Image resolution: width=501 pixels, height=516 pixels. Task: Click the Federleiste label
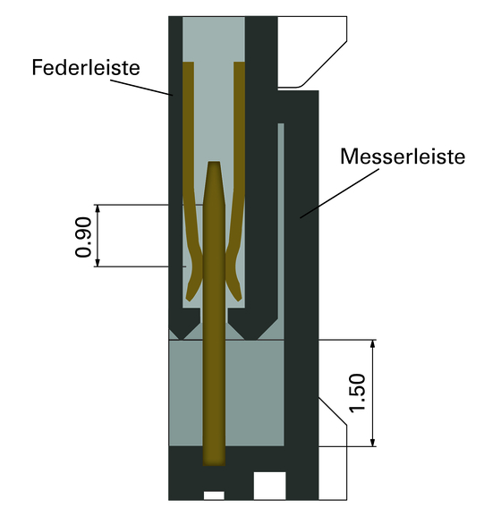86,67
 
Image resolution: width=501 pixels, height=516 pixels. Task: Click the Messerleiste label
403,156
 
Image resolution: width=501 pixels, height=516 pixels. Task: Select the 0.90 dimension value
83,237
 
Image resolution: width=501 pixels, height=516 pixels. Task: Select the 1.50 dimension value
358,393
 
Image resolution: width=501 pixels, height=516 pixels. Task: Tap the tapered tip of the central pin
215,162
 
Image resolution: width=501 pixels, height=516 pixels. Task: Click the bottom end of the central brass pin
215,465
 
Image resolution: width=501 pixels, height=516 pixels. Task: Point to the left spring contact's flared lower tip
189,299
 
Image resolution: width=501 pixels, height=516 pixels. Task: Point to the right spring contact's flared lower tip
239,299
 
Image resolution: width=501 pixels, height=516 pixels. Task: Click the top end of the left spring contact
188,63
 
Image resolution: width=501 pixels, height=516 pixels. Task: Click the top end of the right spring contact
239,63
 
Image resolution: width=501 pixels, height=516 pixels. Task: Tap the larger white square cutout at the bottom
269,486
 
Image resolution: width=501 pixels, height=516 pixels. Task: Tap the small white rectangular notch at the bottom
214,495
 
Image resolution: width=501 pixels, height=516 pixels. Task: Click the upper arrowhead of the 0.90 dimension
98,208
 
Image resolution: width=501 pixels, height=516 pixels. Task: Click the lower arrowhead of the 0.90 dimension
98,263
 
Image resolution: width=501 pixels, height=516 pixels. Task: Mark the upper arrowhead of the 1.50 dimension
373,343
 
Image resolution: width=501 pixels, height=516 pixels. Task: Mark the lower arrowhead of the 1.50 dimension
373,443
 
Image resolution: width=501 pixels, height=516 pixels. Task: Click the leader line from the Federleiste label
141,88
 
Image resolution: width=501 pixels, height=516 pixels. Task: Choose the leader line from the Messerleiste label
339,193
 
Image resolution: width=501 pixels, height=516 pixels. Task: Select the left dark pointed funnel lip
184,324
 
